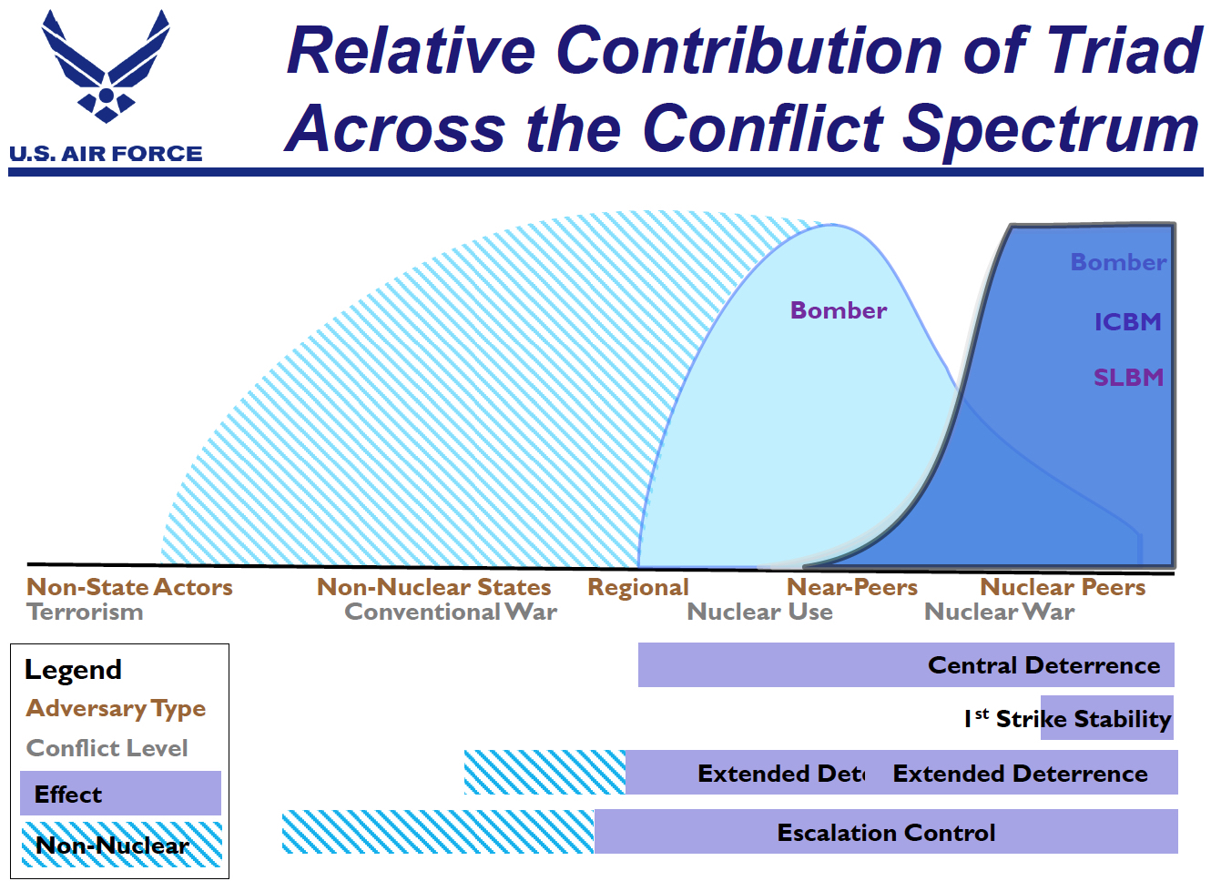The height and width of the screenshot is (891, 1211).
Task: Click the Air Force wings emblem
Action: (x=106, y=68)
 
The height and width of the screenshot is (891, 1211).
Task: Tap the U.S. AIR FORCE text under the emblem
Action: (x=106, y=154)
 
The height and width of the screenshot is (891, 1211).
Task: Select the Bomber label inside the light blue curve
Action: (x=838, y=310)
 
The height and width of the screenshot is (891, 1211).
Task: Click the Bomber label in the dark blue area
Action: (x=1117, y=262)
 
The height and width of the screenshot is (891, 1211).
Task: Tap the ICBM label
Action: (x=1127, y=322)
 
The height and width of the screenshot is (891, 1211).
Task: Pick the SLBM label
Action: (x=1128, y=378)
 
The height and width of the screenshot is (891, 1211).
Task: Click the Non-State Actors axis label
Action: (x=129, y=587)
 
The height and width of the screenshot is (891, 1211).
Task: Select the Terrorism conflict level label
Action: (x=85, y=612)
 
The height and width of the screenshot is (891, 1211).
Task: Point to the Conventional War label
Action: (x=451, y=612)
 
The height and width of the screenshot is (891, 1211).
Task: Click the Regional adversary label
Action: (x=637, y=587)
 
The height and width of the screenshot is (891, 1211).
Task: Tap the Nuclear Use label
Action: (x=759, y=612)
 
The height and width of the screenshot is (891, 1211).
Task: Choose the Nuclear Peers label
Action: (x=1063, y=587)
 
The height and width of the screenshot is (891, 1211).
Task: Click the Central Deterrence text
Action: (x=1043, y=665)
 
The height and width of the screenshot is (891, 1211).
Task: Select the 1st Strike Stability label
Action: (x=1067, y=719)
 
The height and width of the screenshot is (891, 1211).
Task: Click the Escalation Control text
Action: (x=886, y=833)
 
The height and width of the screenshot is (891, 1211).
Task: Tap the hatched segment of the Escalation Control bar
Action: (x=437, y=832)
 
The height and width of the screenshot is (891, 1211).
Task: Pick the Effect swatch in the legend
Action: (x=120, y=794)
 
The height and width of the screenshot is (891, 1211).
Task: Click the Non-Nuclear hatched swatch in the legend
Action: (x=121, y=845)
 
